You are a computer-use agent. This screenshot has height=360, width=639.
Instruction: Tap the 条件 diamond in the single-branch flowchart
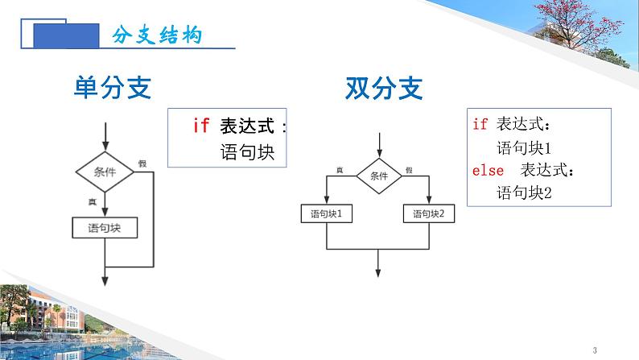point(105,172)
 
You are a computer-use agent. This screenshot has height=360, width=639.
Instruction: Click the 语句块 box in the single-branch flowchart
point(105,228)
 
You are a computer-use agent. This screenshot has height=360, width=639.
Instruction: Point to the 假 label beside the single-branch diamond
point(142,163)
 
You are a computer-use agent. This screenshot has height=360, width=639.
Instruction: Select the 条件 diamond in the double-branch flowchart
point(379,176)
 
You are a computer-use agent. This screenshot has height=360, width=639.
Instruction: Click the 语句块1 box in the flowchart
point(327,214)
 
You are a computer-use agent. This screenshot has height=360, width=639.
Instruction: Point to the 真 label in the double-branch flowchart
point(340,170)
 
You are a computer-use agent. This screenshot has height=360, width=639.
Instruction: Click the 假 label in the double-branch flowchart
point(410,170)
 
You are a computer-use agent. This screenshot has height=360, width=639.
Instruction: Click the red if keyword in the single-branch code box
point(201,126)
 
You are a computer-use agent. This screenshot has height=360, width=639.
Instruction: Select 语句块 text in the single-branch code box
point(247,152)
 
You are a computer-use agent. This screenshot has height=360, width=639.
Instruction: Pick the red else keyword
point(488,170)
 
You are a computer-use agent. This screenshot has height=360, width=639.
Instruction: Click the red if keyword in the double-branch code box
point(480,124)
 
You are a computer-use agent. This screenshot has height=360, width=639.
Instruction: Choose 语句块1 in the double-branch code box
point(523,147)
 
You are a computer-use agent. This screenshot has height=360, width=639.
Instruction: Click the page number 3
point(594,350)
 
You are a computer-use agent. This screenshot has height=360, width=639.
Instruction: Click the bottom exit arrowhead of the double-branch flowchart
point(379,271)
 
